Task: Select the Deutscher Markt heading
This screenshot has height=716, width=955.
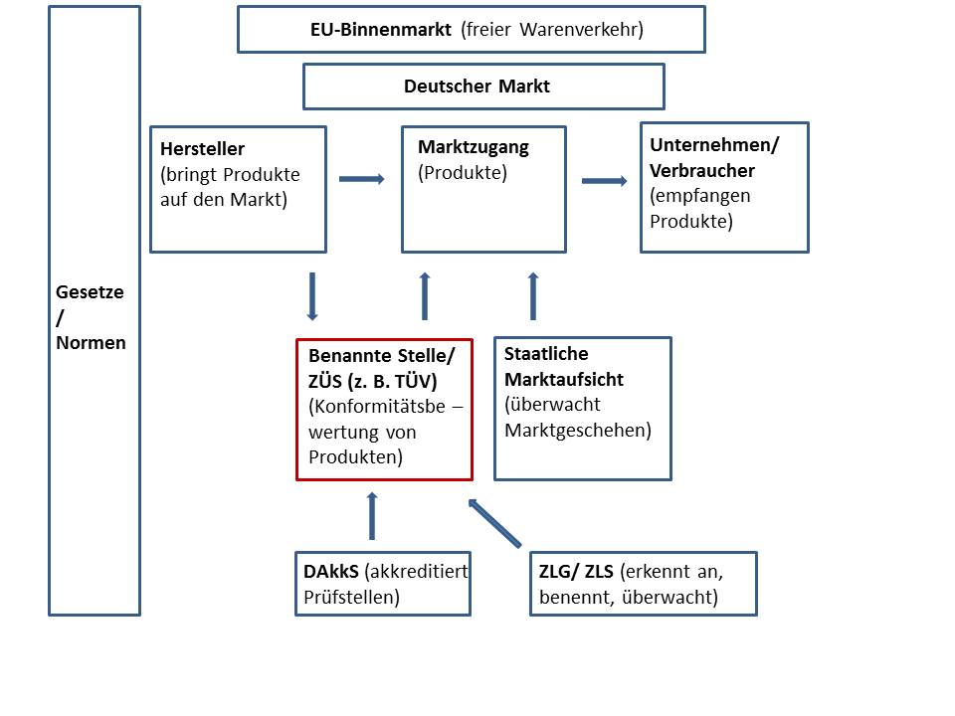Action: pos(477,87)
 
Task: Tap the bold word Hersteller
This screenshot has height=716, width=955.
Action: pos(202,150)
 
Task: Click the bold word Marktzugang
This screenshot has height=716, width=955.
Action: pos(474,147)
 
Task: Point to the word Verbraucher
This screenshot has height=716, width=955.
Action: pos(702,170)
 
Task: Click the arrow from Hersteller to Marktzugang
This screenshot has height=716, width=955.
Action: pos(361,179)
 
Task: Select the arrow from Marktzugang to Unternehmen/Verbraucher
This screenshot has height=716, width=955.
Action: pos(604,180)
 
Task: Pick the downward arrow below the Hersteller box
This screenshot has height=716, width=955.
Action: pos(312,295)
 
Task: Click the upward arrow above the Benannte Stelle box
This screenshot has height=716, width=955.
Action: pos(425,295)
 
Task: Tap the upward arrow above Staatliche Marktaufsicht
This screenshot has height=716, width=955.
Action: pos(532,295)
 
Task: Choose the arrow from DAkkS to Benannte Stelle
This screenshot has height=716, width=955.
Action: pos(373,515)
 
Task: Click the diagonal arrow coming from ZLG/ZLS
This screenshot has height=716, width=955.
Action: pos(494,523)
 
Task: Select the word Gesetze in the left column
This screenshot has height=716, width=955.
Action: pos(91,293)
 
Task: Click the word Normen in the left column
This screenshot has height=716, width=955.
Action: pos(92,343)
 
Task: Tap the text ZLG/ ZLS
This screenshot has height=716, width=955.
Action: pos(576,573)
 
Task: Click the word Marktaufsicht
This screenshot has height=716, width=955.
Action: pos(564,379)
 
